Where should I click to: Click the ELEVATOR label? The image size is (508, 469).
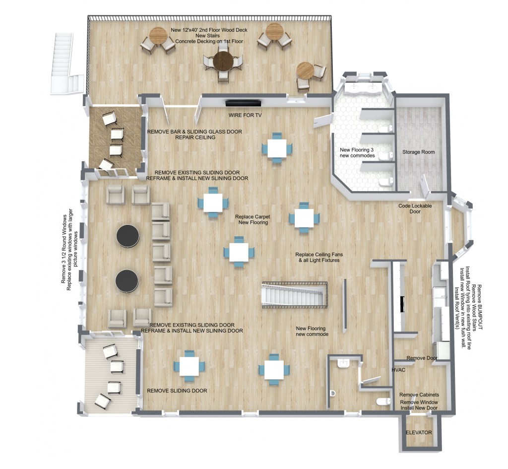coord(419,432)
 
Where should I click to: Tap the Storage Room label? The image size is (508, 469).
coord(419,152)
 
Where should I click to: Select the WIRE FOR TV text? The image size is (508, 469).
coord(245,115)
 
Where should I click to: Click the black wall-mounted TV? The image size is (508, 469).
coord(243,103)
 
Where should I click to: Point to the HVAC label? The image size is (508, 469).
coord(398,370)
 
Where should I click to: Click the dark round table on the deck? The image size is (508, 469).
coord(223,61)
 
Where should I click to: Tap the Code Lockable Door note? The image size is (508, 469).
coord(415,209)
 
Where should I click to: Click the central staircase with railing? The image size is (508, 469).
coord(295,295)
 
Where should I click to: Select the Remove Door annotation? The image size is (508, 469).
coord(422,358)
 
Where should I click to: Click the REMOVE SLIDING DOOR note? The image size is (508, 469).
coord(177,391)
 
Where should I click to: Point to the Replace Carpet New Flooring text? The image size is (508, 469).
coord(253,219)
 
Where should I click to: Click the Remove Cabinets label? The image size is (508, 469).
coord(419,395)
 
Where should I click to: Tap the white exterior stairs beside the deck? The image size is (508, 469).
coord(67,64)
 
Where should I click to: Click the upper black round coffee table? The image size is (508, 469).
coord(128,236)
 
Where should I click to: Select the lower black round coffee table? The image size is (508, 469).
coord(127,281)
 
